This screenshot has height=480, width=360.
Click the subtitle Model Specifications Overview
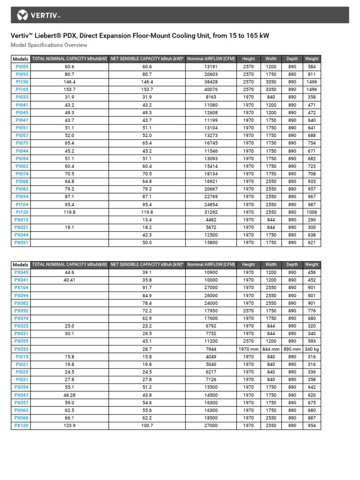pyautogui.click(x=49, y=45)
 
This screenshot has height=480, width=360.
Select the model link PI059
pyautogui.click(x=22, y=67)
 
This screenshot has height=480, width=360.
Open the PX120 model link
pyautogui.click(x=22, y=426)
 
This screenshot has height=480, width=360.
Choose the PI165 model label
pyautogui.click(x=22, y=90)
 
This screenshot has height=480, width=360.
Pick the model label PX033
pyautogui.click(x=22, y=349)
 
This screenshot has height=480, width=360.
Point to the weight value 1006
pyautogui.click(x=312, y=212)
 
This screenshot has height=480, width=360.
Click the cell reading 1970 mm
pyautogui.click(x=248, y=349)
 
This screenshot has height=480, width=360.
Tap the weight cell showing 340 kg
pyautogui.click(x=312, y=349)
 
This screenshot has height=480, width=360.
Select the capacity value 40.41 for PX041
pyautogui.click(x=69, y=280)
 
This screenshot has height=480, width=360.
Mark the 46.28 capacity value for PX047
pyautogui.click(x=69, y=395)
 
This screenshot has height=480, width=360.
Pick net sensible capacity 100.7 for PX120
pyautogui.click(x=147, y=426)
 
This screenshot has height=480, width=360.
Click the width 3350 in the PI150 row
pyautogui.click(x=271, y=82)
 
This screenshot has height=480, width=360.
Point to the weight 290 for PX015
pyautogui.click(x=312, y=220)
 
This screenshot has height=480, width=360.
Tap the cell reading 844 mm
pyautogui.click(x=271, y=349)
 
